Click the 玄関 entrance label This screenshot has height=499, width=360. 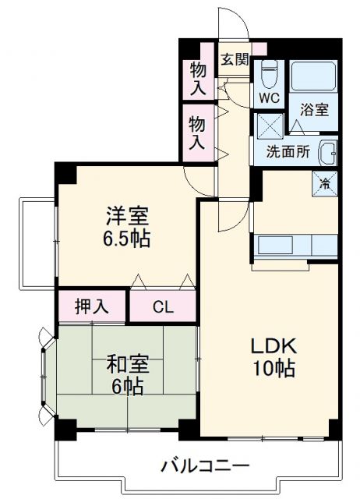click(x=234, y=59)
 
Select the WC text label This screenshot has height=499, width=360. click(x=269, y=99)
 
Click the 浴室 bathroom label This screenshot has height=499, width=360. click(x=316, y=110)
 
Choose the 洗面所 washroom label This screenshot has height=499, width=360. click(x=288, y=153)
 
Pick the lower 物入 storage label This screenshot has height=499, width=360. click(x=198, y=133)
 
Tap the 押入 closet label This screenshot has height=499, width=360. click(x=91, y=305)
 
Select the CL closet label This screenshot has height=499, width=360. click(x=163, y=306)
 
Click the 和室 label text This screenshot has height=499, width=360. click(x=124, y=363)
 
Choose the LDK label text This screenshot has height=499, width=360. click(x=273, y=345)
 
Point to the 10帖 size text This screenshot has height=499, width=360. click(x=273, y=370)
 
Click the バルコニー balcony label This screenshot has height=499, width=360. click(x=206, y=467)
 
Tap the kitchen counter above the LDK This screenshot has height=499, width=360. click(x=294, y=246)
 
